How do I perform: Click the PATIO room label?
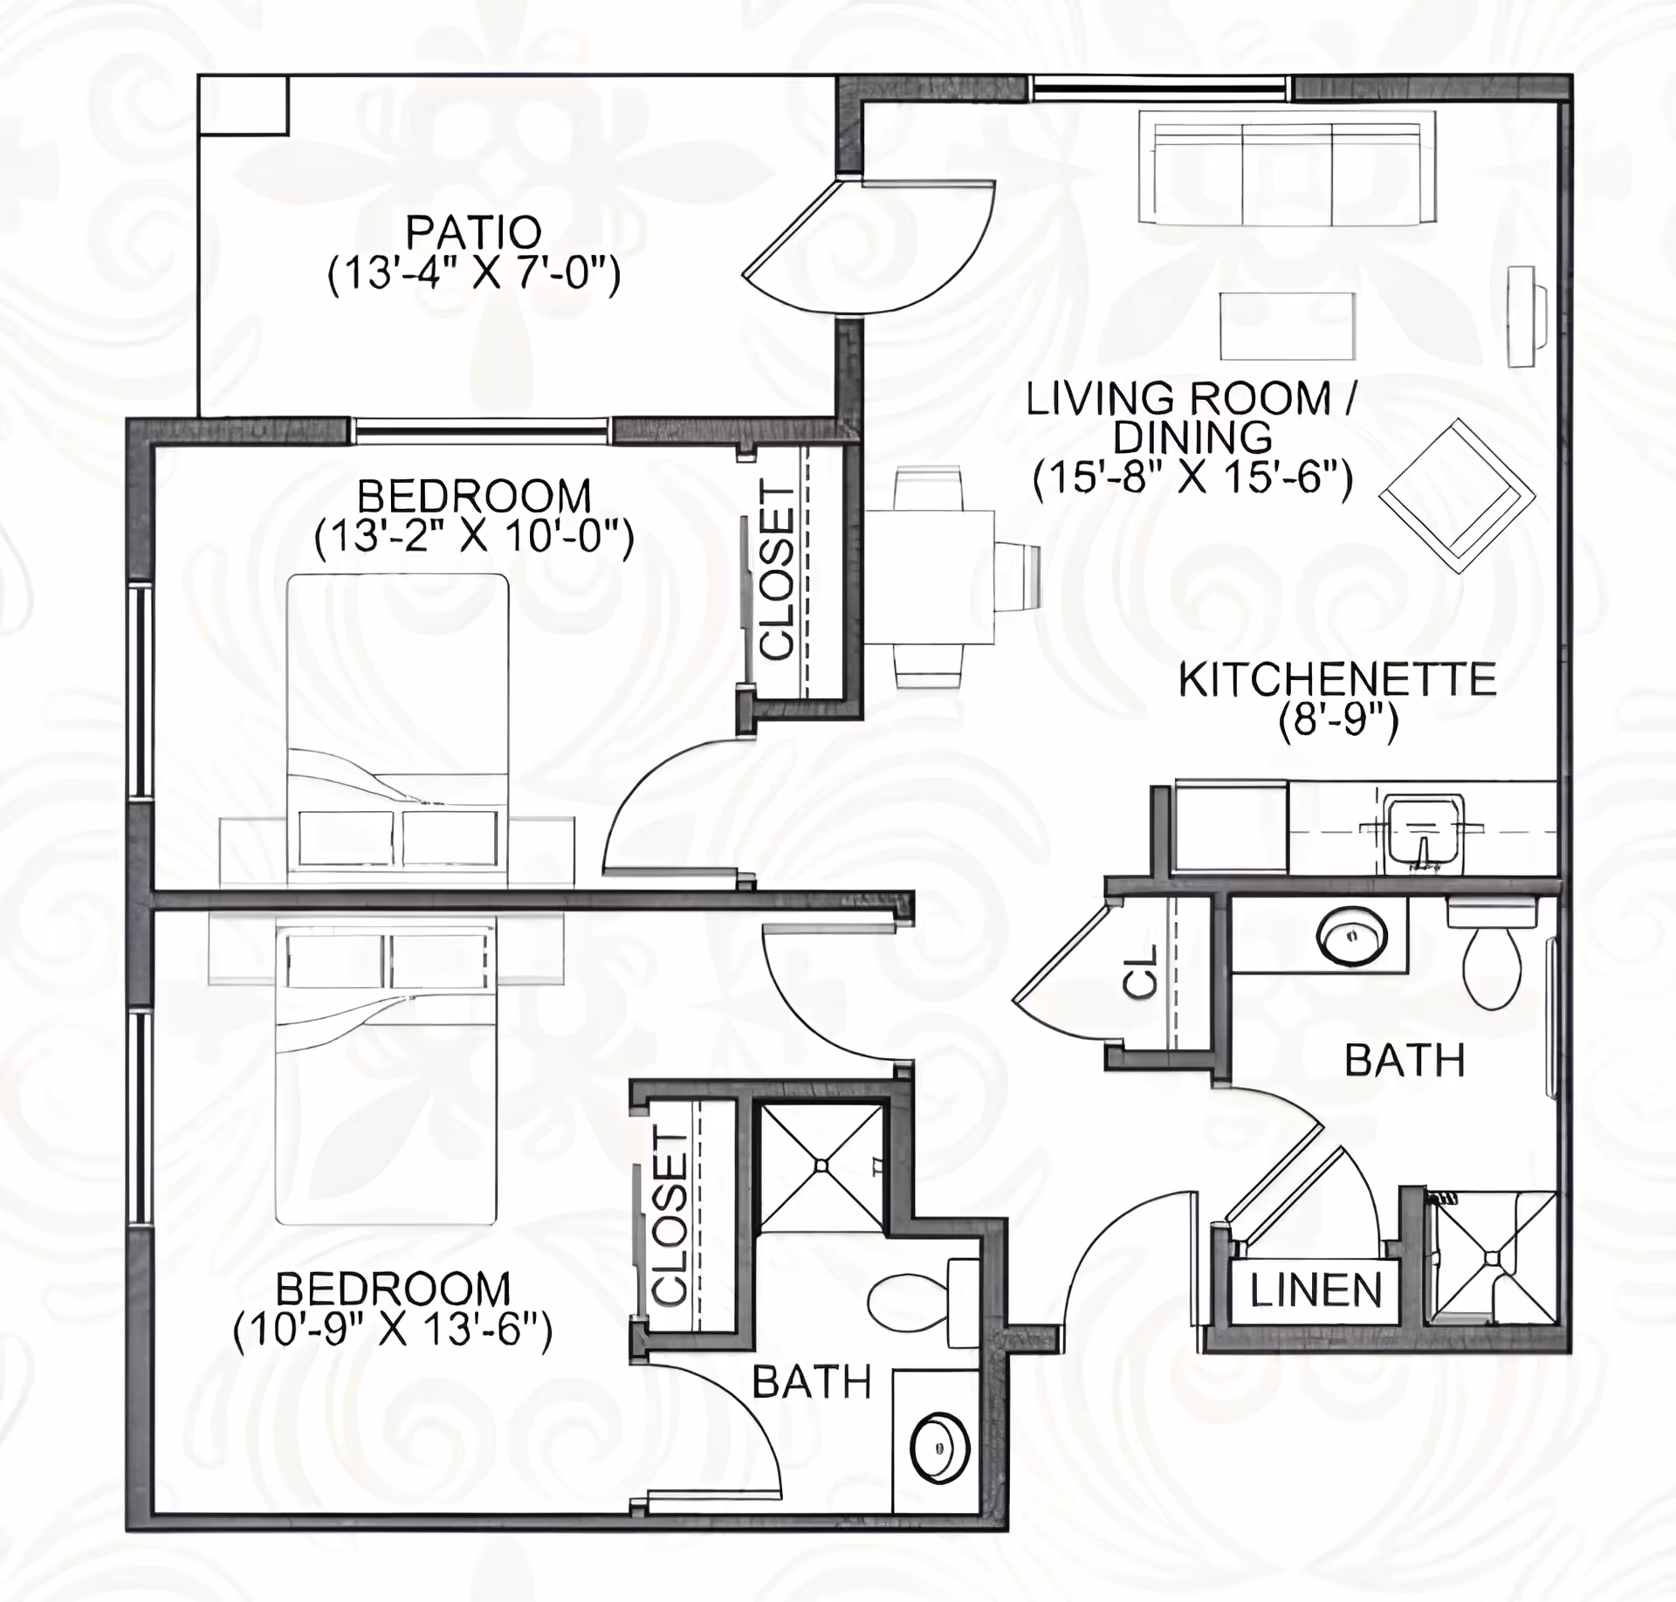tap(473, 232)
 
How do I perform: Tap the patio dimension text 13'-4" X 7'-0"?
tap(473, 275)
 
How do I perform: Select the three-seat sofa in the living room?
tap(1287, 172)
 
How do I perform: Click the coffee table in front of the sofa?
tap(1287, 326)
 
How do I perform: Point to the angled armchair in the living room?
tap(1457, 496)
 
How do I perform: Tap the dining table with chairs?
tap(929, 578)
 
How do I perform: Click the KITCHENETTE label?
tap(1337, 680)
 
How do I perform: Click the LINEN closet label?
tap(1315, 1290)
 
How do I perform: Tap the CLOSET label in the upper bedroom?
tap(777, 572)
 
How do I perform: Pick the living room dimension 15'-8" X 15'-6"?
tap(1192, 478)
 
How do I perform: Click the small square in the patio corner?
tap(244, 105)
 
